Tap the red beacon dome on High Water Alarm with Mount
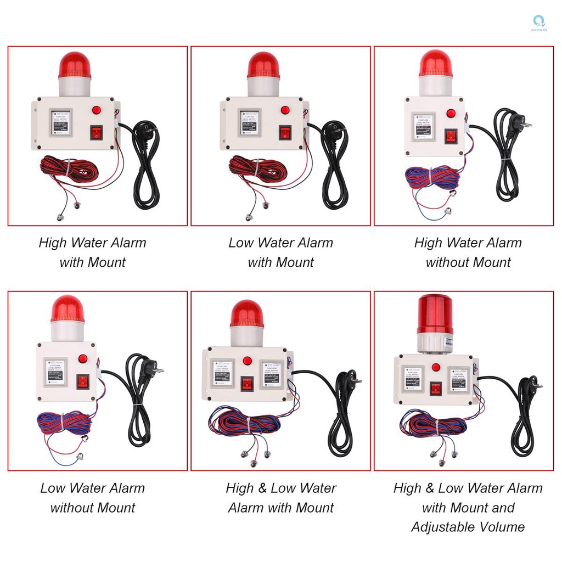74,65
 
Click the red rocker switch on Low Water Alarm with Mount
285,132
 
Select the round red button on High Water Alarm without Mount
451,113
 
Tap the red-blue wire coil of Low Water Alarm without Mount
63,422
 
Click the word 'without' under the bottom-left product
71,508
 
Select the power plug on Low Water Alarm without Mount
154,367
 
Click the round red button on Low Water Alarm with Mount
285,110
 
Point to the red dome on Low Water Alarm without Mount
68,310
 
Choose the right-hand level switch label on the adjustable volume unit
459,379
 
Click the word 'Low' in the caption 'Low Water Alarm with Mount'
240,243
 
